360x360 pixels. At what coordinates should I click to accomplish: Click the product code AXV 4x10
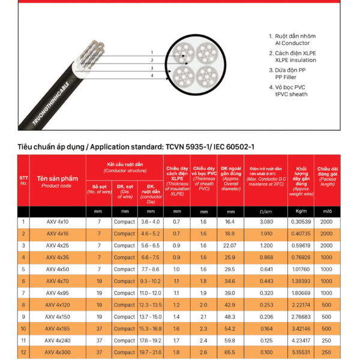(58, 222)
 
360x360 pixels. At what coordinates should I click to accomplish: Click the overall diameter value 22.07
(229, 245)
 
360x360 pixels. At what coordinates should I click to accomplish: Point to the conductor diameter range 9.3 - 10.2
(151, 281)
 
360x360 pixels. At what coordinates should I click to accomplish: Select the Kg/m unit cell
(301, 211)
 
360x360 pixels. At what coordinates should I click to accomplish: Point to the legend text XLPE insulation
(295, 60)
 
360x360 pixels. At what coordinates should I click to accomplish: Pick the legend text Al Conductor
(292, 43)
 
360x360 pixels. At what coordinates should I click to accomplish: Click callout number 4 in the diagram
(152, 76)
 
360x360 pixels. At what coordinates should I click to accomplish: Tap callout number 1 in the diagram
(152, 53)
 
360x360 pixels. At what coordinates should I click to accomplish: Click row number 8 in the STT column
(23, 304)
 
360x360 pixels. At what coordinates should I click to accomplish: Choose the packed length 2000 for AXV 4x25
(326, 245)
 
